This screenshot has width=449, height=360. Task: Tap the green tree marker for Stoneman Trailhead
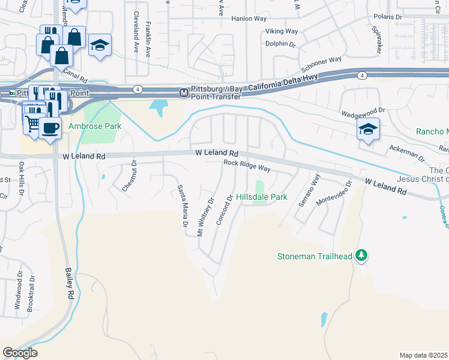(361, 256)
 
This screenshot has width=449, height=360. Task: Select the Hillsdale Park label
(261, 197)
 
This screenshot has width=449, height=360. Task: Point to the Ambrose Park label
(94, 127)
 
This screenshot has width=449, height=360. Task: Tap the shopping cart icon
(33, 123)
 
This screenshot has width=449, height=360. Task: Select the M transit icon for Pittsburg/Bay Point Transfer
(184, 92)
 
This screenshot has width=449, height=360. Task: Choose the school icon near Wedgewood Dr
(367, 128)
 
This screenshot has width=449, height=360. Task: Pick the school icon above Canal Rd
(100, 45)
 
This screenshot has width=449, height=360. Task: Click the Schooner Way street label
(321, 61)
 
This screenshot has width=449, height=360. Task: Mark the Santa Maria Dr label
(181, 206)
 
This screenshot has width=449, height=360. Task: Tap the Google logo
(20, 353)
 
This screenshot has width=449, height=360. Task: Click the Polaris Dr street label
(387, 17)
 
